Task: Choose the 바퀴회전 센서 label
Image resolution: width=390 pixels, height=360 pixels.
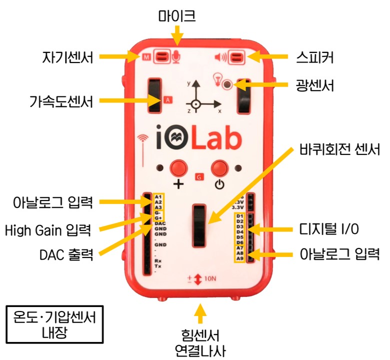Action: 339,148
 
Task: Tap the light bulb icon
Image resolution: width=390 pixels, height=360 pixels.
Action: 217,78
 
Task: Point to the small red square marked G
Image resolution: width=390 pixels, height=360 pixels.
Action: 198,176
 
